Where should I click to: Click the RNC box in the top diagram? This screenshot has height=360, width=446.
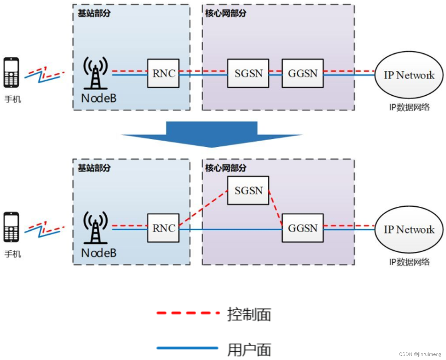[163, 73]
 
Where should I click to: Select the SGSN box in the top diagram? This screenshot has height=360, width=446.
[248, 73]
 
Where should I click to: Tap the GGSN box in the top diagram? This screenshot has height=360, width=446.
[303, 73]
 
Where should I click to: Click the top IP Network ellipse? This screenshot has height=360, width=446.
[409, 75]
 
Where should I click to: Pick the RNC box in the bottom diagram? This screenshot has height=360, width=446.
[163, 228]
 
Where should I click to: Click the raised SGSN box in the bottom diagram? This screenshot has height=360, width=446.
[248, 190]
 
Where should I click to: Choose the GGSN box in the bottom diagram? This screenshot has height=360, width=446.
[303, 228]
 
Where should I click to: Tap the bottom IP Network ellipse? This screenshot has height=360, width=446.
[409, 229]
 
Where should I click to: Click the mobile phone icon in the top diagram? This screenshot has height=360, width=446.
[11, 72]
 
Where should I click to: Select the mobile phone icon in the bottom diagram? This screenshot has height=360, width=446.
[11, 227]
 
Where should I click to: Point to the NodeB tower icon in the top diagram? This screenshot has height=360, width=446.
[95, 73]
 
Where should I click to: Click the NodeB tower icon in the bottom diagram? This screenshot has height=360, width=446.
[95, 228]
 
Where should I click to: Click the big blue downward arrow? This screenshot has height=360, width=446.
[212, 134]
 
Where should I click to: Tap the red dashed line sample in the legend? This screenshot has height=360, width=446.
[188, 313]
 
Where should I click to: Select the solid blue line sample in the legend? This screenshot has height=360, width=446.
[187, 348]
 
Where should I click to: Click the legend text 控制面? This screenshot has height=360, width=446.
[249, 314]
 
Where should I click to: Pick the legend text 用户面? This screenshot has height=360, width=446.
[249, 350]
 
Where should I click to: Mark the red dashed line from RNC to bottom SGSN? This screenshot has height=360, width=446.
[203, 208]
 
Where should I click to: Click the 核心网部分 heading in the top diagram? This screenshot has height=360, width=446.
[226, 13]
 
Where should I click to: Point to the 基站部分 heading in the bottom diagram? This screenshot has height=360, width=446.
[94, 168]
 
